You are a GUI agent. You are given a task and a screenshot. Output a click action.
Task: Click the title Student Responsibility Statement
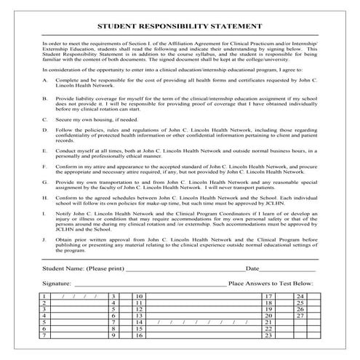(180, 25)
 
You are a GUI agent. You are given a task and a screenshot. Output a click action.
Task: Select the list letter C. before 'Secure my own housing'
(45, 119)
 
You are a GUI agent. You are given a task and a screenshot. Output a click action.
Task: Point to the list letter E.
(45, 151)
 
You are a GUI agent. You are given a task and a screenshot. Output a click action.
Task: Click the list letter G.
(45, 184)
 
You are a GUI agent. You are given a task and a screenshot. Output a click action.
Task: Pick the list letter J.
(45, 237)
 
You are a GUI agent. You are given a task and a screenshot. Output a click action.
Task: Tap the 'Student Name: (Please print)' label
(83, 269)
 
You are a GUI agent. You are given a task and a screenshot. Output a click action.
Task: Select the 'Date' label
(252, 269)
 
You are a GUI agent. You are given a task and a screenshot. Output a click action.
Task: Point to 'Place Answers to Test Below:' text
(271, 282)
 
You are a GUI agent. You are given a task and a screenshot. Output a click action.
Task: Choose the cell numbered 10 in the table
(139, 297)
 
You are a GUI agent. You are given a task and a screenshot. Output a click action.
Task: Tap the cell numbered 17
(269, 297)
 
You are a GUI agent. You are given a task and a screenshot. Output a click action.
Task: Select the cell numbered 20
(269, 316)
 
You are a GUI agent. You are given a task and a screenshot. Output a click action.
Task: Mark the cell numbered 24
(300, 297)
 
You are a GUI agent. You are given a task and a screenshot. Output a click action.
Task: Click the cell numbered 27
(300, 316)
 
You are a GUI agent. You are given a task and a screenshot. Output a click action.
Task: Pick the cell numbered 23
(269, 335)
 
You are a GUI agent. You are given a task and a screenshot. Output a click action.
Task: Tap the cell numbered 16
(139, 335)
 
